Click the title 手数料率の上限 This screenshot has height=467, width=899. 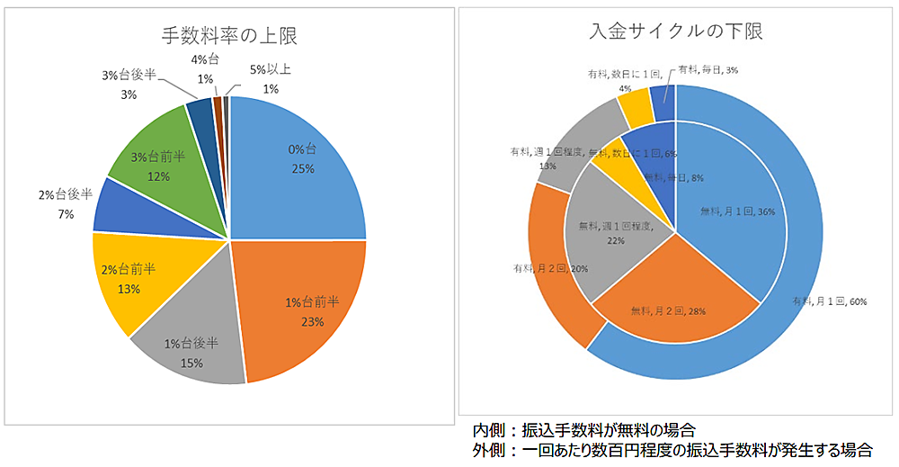(230, 37)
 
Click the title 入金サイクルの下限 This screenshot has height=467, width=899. (676, 31)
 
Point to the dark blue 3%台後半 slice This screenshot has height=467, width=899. (199, 113)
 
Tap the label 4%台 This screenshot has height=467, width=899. (205, 59)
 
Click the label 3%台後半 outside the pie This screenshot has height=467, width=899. (129, 76)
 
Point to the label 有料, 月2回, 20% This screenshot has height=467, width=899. (550, 269)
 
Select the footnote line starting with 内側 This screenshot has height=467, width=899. (583, 430)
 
